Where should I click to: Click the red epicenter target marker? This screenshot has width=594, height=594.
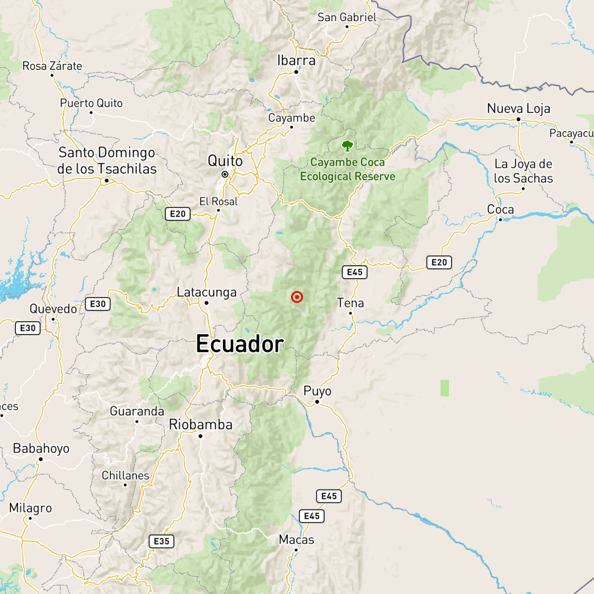pos(297,297)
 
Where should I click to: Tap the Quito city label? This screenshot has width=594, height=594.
pos(225,161)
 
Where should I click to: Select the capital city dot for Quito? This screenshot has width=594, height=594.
pos(225,174)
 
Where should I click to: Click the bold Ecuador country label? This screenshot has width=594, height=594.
pos(240,344)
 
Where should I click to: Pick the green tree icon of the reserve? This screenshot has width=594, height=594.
pos(347,146)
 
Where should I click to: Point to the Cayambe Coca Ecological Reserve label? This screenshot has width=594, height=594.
pos(347,169)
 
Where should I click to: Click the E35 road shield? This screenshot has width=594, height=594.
pos(161,541)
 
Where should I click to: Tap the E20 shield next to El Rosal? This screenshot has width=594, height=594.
pos(177,214)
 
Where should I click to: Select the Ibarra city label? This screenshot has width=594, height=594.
pos(296,60)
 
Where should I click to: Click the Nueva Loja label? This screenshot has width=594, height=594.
pos(518,108)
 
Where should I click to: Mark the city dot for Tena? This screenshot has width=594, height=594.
pos(350,313)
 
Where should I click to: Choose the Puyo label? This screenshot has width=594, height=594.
pos(317,391)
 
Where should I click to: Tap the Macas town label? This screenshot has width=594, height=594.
pos(297,540)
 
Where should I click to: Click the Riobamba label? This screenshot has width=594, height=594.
pos(200,425)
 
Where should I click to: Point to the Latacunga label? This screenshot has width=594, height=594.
pos(207,293)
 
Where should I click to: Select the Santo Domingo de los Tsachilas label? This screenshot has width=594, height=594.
pos(107,160)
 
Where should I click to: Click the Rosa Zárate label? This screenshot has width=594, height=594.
pos(52,66)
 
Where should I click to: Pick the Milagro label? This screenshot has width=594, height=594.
pos(30,508)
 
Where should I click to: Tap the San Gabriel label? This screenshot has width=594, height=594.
pos(347,17)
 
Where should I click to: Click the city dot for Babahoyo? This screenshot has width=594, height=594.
pos(41,459)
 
